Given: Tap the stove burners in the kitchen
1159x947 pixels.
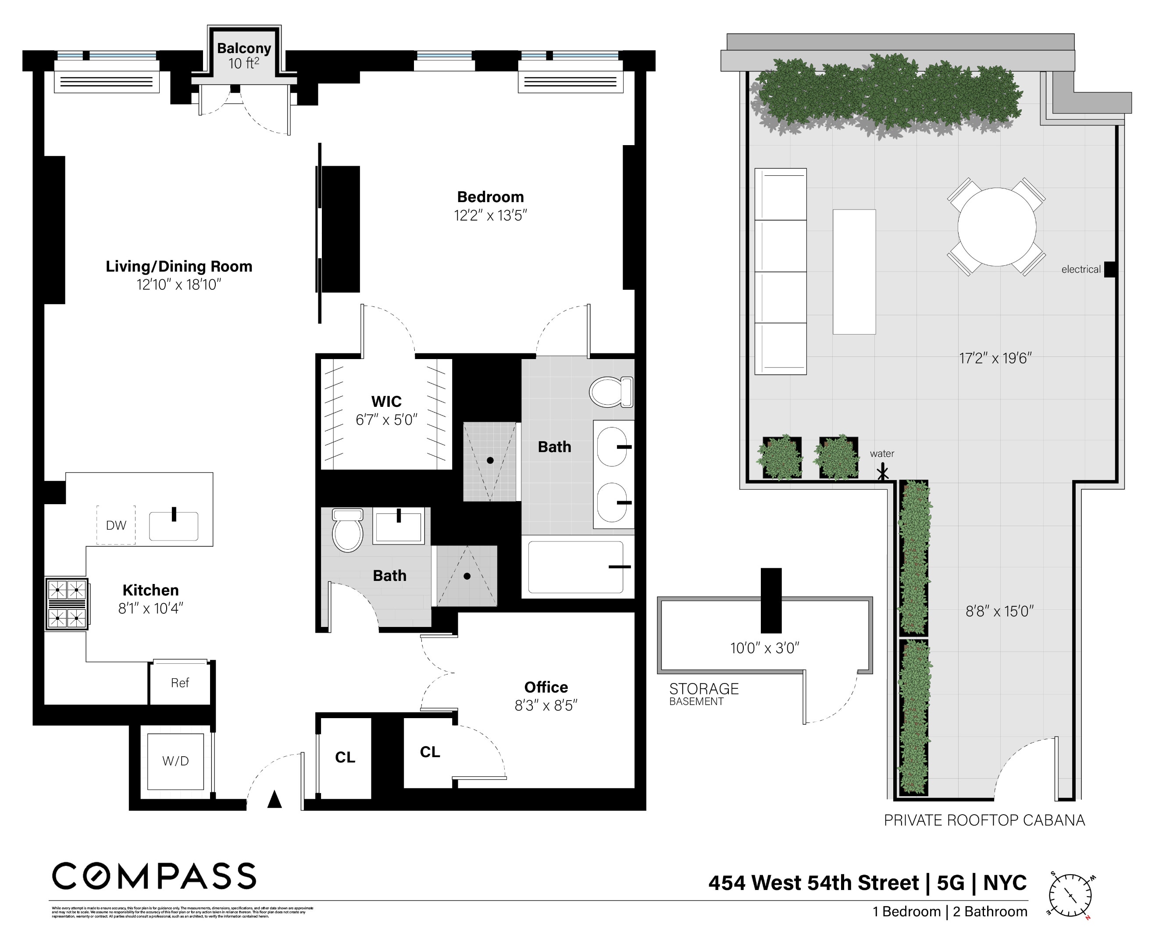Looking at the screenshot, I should click(x=67, y=604).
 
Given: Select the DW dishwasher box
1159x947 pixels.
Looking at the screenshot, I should click(x=116, y=525).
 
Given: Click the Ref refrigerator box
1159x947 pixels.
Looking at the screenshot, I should click(x=179, y=683).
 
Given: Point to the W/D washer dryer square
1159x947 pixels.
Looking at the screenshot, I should click(x=175, y=761).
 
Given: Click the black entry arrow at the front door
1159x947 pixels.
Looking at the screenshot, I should click(x=275, y=800).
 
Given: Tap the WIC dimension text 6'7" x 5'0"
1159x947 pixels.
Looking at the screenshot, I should click(x=386, y=420).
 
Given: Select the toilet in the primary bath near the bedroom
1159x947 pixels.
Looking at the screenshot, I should click(x=610, y=392).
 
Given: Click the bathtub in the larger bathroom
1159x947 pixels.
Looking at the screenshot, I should click(x=576, y=567).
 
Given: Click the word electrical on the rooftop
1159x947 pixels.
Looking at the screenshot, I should click(x=1081, y=270).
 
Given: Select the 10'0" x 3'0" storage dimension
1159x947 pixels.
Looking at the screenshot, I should click(x=764, y=648).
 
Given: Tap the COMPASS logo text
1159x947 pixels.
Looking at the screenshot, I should click(x=154, y=876).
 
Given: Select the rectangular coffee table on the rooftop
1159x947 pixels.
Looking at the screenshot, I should click(x=854, y=272).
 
